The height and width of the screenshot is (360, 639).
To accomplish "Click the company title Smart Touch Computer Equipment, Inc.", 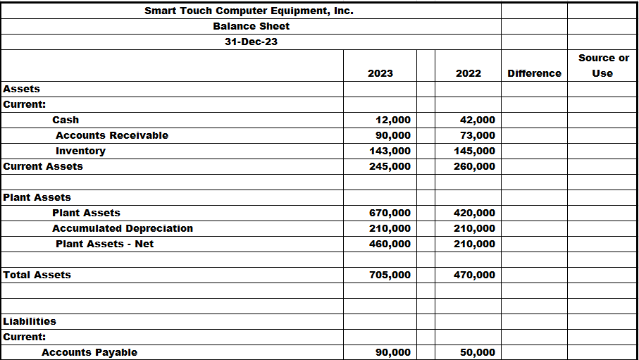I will [249, 11].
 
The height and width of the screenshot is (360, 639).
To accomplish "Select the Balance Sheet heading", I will [251, 26].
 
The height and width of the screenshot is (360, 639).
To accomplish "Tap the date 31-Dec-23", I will [251, 42].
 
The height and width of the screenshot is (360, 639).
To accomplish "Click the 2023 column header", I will [380, 73].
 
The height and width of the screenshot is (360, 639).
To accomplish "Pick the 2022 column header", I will [469, 73].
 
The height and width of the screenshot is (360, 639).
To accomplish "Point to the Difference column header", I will [534, 73].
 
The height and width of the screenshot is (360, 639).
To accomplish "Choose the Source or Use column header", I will [603, 66].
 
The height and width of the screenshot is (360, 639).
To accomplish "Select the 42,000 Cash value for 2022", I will [478, 120].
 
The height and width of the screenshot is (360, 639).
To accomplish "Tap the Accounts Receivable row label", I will [111, 135].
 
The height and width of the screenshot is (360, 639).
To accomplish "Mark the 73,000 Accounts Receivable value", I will [478, 135].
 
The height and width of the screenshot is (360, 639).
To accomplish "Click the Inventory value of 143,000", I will [390, 151].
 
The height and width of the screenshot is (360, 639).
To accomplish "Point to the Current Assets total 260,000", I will [475, 166].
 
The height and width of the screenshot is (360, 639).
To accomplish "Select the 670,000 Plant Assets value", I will [390, 213].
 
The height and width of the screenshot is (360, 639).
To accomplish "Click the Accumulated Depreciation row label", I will [122, 228].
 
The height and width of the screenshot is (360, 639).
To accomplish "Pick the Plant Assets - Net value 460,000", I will [390, 244].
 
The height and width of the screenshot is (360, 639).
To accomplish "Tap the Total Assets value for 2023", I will [390, 275].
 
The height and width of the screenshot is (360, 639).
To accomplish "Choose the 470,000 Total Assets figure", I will [475, 275].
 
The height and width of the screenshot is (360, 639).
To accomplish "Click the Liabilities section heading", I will [30, 321].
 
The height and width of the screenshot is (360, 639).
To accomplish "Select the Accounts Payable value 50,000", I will [478, 352].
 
